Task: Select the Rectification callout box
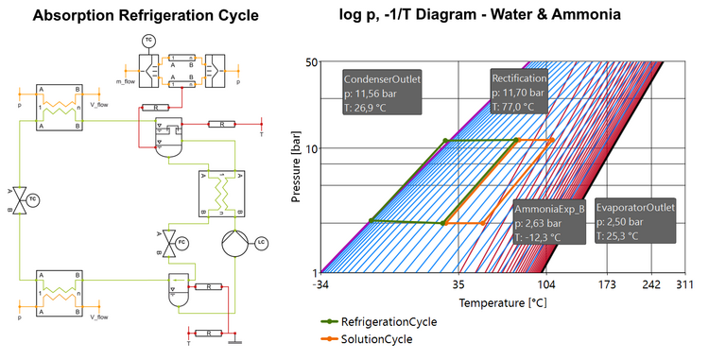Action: pos(518,93)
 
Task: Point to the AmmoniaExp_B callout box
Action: pos(549,223)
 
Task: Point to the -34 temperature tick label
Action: pos(321,283)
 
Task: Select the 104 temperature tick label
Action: pos(546,283)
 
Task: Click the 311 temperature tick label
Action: pos(685,283)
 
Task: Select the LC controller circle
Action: pos(261,243)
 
